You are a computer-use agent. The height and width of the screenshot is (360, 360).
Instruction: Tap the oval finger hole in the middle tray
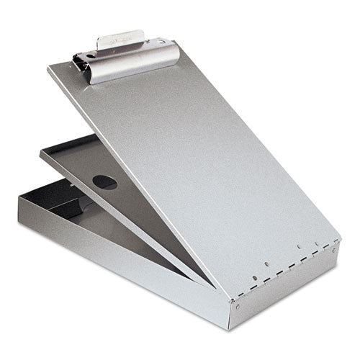(x=105, y=182)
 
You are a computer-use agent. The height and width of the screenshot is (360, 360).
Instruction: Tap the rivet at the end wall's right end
(x=333, y=249)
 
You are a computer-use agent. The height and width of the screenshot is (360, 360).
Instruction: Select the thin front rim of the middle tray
(x=122, y=216)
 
